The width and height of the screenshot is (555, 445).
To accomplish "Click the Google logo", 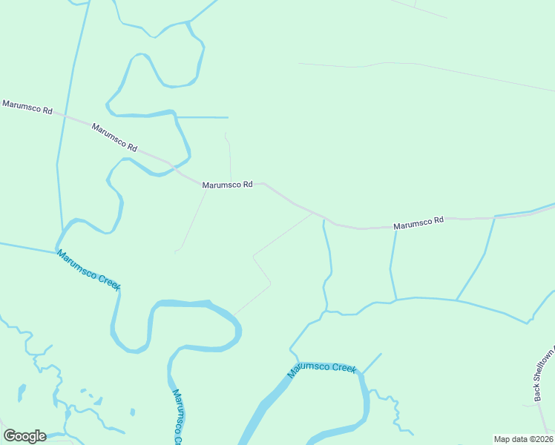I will coord(24,436).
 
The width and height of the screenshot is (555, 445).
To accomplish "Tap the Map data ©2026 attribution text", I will coord(523,439).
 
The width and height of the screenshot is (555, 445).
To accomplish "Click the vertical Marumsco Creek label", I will coord(177,417).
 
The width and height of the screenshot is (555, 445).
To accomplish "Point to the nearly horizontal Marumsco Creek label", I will coord(322,368).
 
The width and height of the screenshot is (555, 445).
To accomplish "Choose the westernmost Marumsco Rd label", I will coord(27,107).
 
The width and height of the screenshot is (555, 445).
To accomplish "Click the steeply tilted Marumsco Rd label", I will coord(115,138).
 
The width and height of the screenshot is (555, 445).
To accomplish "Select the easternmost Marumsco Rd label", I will coord(418,221).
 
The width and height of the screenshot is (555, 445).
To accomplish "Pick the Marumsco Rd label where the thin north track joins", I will coord(228,185).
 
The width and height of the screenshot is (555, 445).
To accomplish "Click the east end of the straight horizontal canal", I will coord(228,117).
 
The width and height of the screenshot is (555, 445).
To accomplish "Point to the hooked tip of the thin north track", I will coord(226,134).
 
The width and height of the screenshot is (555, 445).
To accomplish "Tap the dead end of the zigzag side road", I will coord(234,314).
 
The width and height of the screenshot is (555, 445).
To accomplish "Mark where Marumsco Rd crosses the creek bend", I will coord(172,166).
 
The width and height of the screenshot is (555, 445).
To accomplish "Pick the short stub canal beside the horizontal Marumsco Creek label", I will coord(372,361).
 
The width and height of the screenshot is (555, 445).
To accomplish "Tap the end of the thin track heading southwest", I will coord(176,252).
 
